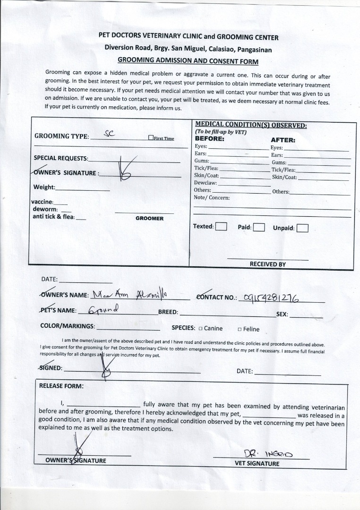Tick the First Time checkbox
[151, 138]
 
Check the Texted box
[221, 227]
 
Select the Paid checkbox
[258, 227]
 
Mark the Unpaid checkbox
[302, 228]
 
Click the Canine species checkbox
[200, 329]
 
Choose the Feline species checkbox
[240, 329]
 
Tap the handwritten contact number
[270, 297]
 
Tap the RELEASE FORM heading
[61, 386]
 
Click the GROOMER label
[149, 219]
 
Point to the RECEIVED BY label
[267, 264]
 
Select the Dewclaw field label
[206, 183]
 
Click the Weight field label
[44, 187]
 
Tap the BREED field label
[168, 312]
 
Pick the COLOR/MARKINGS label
[68, 326]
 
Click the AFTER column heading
[283, 140]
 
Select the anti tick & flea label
[53, 217]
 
